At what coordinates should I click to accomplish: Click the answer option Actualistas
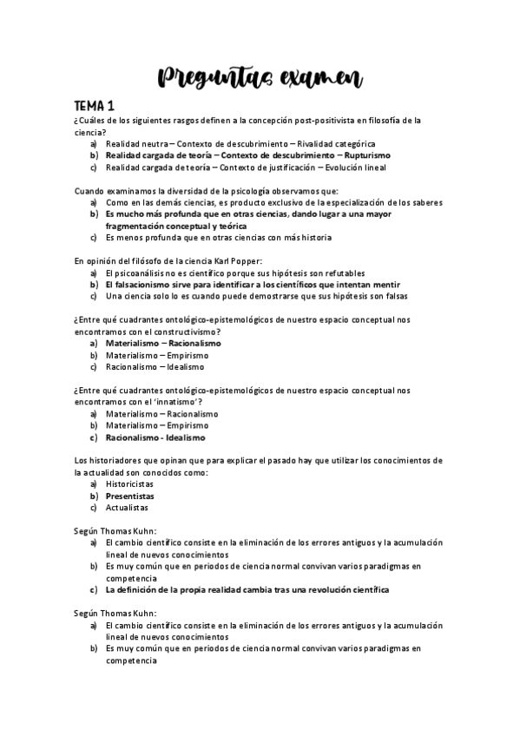point(127,507)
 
